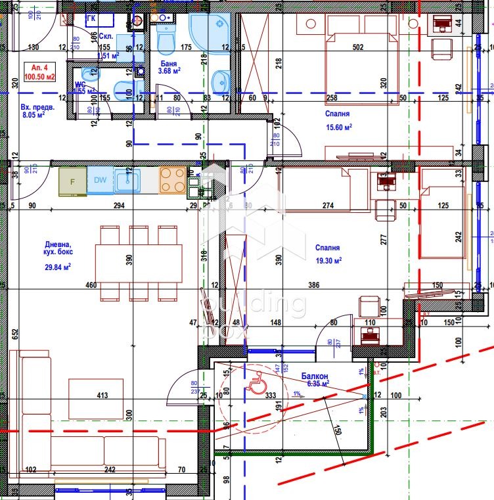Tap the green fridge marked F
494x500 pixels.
pyautogui.click(x=72, y=181)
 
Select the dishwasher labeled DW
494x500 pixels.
pyautogui.click(x=100, y=181)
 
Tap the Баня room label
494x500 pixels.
pyautogui.click(x=168, y=64)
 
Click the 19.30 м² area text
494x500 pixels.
pyautogui.click(x=330, y=260)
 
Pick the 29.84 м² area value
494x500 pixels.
pyautogui.click(x=58, y=266)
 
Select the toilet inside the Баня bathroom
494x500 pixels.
pyautogui.click(x=166, y=42)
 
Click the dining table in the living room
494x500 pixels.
pyautogui.click(x=139, y=263)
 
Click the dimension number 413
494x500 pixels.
pyautogui.click(x=102, y=396)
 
